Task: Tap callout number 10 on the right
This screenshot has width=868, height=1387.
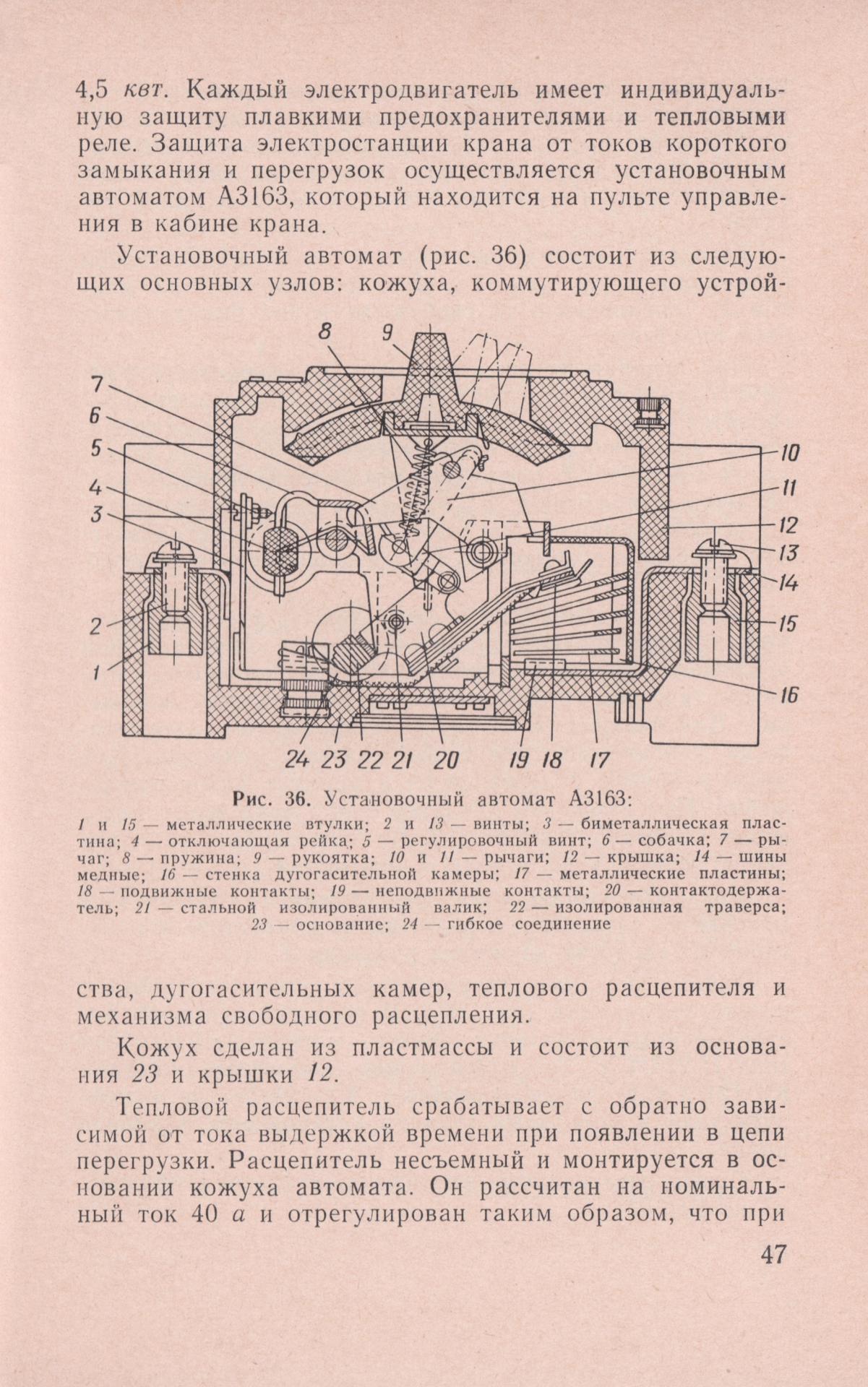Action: [789, 454]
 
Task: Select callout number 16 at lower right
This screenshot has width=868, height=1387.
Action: [788, 696]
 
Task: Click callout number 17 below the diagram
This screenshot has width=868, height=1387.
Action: [599, 759]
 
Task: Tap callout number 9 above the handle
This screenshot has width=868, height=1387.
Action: [387, 332]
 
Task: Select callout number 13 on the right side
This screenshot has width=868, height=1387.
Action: [789, 553]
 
